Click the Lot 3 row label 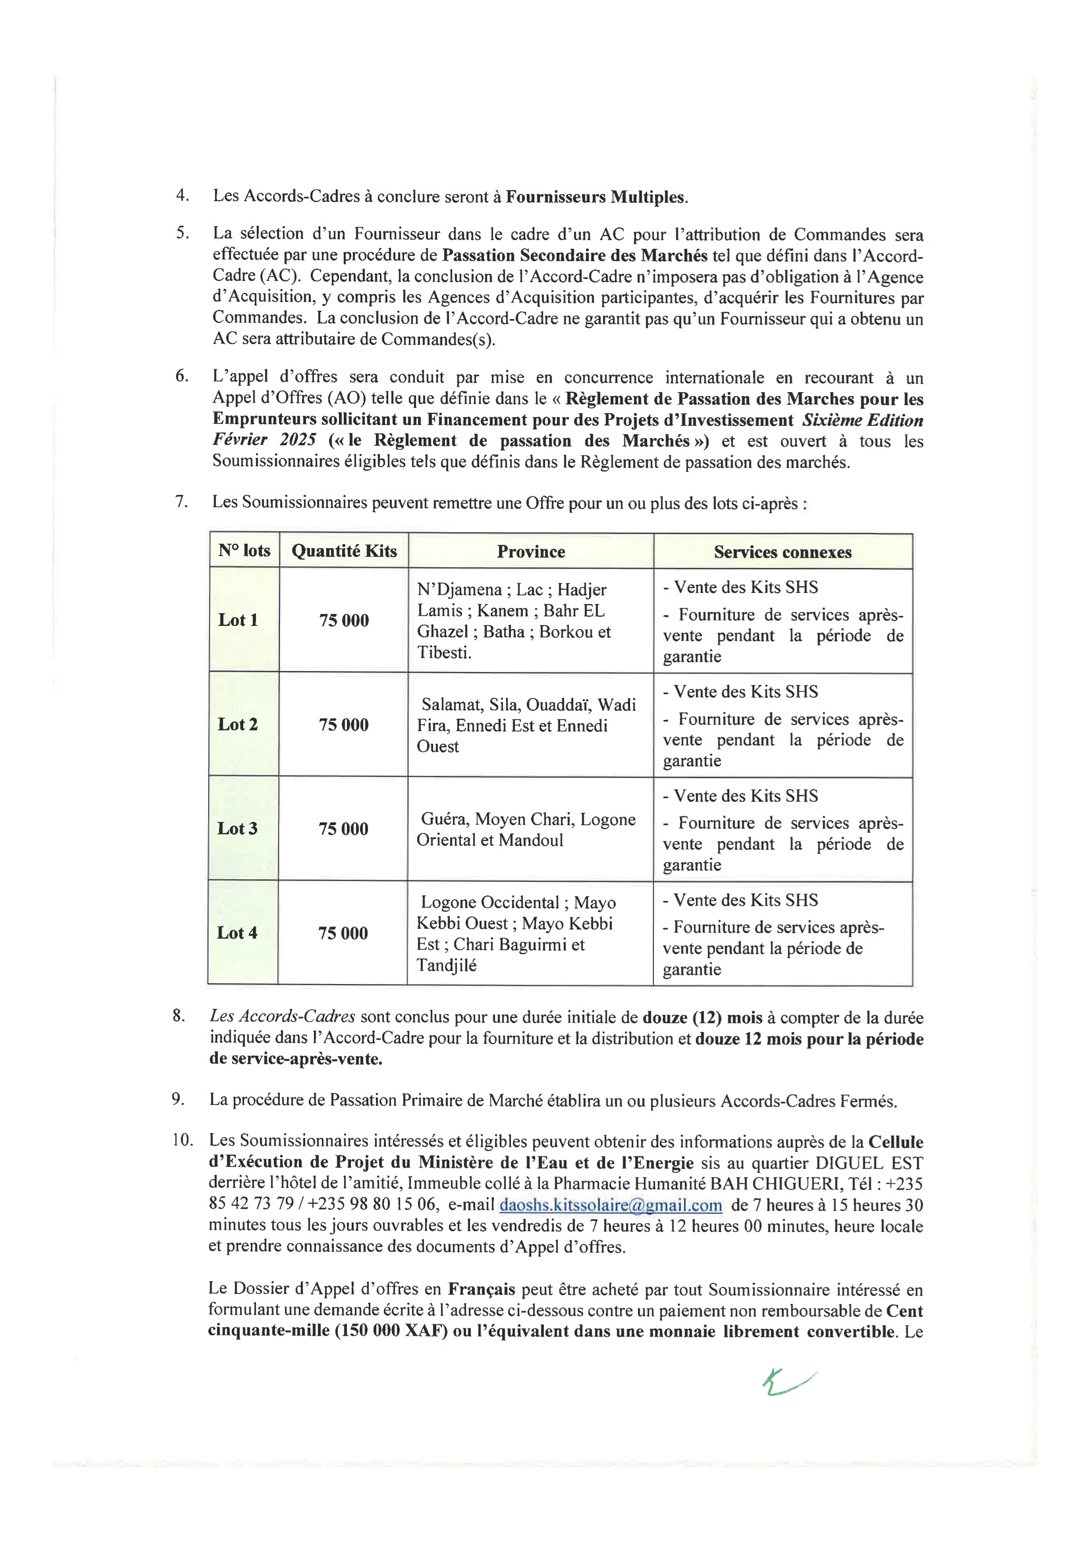[x=237, y=828]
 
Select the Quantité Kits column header [x=344, y=551]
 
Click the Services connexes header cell [x=782, y=552]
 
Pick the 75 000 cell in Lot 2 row [x=343, y=725]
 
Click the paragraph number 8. [x=178, y=1015]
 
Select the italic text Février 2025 [x=264, y=440]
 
